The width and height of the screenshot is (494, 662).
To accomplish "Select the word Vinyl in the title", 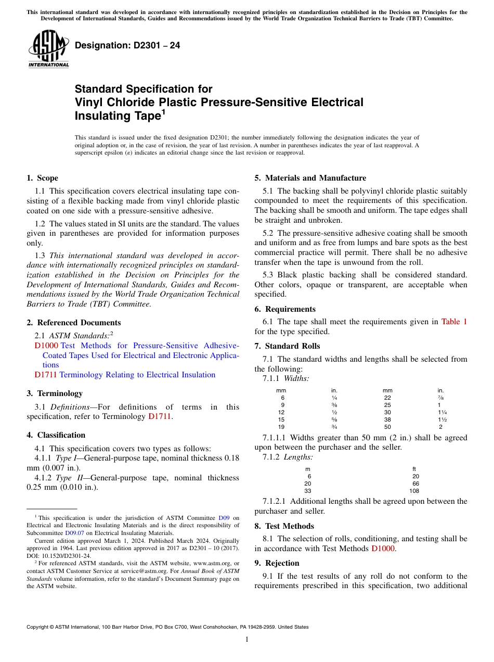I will [88, 102].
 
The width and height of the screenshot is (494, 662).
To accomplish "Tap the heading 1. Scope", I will [43, 178].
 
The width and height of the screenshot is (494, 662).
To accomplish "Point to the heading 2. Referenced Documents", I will [74, 323].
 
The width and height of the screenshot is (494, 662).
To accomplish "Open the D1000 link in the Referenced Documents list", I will [46, 346].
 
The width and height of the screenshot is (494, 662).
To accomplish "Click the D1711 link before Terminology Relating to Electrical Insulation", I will [46, 375].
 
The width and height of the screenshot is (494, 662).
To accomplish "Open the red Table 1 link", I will [454, 322].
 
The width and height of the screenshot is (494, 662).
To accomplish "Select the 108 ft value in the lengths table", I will [414, 491].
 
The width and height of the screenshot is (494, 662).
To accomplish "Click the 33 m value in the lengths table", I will [308, 491].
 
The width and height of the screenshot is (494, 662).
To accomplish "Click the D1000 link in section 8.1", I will [383, 549].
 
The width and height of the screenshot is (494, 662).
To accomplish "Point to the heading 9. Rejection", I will [277, 563].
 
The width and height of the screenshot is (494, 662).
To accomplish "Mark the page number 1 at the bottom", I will [247, 640].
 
